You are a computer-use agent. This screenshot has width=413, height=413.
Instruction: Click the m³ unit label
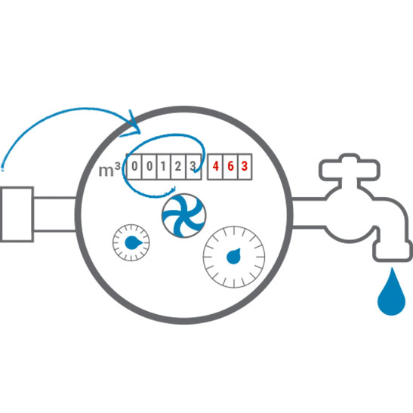coord(109,169)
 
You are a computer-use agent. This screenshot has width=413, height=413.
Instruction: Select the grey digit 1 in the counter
coord(163,166)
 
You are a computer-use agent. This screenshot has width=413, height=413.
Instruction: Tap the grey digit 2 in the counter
coord(178,166)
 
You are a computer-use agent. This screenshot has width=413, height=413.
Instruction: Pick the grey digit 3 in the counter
coord(193,166)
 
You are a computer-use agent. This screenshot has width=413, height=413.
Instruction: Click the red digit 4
coord(215,166)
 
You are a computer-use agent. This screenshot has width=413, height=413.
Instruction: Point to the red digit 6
coord(230,166)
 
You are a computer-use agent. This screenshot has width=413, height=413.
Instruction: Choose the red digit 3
coord(245,166)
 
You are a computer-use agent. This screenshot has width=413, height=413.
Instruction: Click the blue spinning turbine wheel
coord(183,216)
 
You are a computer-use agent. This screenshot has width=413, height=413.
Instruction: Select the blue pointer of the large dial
coord(234,256)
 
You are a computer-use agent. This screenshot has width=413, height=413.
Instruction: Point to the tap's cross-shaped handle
coord(350,168)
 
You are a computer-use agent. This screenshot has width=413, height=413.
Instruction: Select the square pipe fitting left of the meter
coord(17,214)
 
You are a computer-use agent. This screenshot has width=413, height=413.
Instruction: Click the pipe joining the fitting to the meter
coord(55,214)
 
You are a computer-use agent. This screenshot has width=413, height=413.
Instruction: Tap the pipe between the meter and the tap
coord(309,213)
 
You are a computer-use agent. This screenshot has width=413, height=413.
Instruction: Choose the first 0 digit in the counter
coord(134,166)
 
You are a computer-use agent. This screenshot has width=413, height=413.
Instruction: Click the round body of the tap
coord(350,214)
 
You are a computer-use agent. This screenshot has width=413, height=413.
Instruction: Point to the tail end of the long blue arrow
coord(2,170)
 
